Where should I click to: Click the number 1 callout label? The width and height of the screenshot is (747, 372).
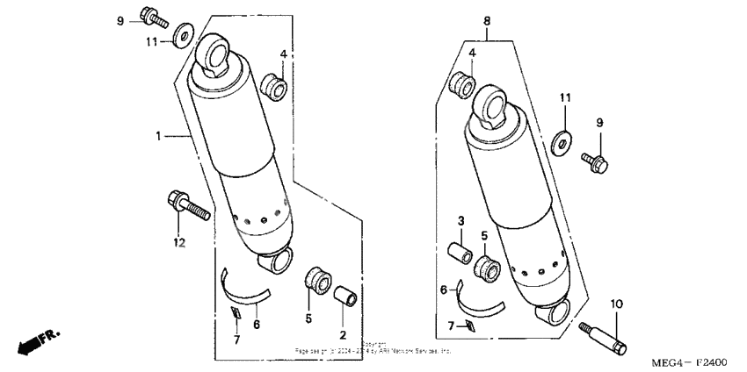[158, 136]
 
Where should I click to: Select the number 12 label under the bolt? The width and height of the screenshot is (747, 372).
[179, 242]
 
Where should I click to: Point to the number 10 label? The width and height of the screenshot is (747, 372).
[617, 304]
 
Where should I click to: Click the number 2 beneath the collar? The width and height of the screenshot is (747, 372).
[343, 335]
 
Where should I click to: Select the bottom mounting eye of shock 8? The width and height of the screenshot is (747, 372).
[555, 311]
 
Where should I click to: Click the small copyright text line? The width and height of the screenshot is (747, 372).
[373, 348]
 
